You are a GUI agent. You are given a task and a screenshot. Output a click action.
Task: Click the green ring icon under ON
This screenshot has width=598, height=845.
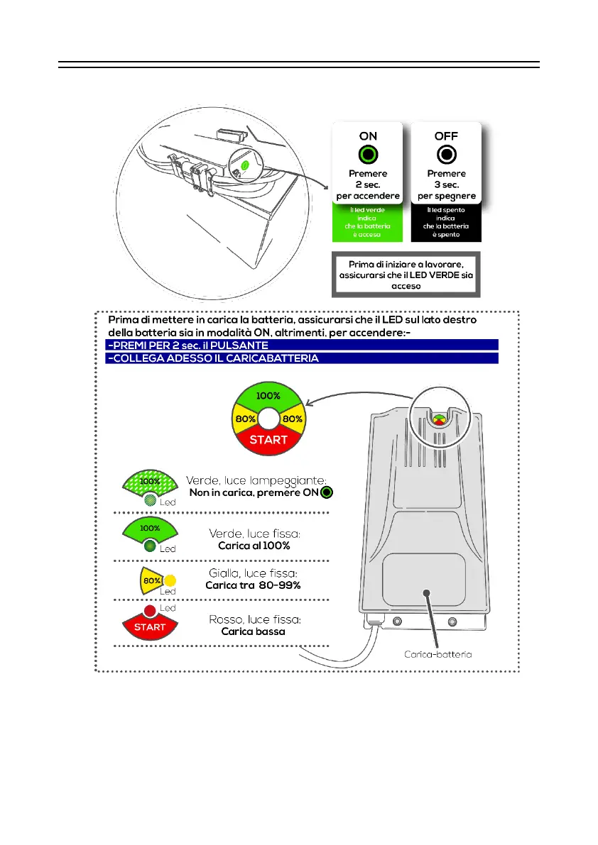click(368, 155)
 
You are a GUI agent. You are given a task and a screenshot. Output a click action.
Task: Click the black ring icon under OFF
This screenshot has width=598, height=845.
click(447, 155)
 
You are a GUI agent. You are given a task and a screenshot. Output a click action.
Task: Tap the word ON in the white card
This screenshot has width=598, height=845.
click(368, 136)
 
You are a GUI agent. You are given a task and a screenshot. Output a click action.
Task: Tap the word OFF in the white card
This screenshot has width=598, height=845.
click(447, 136)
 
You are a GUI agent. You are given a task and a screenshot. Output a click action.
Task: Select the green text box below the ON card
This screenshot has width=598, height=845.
click(368, 222)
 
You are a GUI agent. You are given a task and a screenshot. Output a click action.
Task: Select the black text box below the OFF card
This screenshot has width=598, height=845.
click(447, 222)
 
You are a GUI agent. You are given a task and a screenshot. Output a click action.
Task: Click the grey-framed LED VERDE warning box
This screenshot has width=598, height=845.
click(407, 274)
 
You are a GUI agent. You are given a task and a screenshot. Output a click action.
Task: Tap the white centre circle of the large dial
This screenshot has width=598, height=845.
click(269, 419)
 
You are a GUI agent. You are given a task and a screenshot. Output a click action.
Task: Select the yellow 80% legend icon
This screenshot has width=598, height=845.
click(152, 580)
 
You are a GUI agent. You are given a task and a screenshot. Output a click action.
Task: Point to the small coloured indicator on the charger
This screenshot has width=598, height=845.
click(440, 419)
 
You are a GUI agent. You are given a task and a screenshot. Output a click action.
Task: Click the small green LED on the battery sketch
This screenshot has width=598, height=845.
click(244, 165)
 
